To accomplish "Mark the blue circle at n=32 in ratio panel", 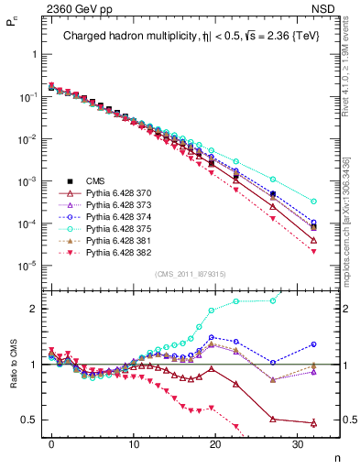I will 314,344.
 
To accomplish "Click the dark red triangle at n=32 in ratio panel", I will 314,423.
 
